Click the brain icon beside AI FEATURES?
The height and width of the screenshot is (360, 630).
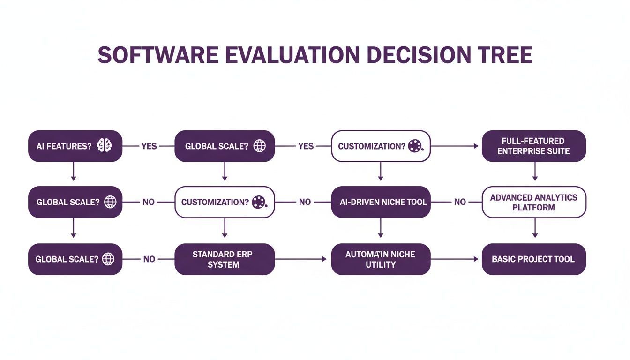(104, 146)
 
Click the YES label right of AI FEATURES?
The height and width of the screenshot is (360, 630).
(149, 146)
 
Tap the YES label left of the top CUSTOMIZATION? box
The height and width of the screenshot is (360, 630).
(306, 146)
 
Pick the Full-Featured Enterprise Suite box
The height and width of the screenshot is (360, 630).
(534, 146)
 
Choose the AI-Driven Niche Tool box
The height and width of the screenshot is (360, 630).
(381, 202)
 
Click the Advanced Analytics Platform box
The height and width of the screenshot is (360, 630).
(534, 202)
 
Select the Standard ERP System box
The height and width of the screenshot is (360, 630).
(225, 259)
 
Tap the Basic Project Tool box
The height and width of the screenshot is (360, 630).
(534, 259)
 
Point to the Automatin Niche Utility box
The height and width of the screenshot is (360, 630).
(381, 259)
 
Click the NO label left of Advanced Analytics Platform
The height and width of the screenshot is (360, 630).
(460, 202)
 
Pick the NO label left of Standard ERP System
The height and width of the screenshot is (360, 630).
(149, 259)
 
